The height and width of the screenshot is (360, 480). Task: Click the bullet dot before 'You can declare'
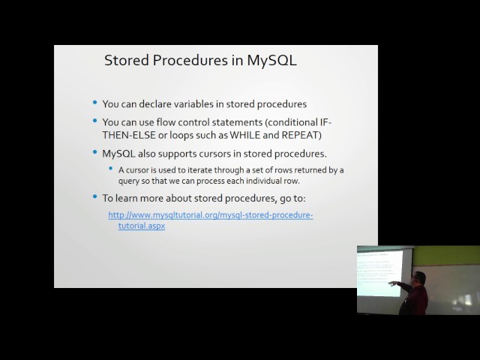coord(94,103)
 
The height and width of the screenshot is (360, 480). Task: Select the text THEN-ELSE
coord(127,134)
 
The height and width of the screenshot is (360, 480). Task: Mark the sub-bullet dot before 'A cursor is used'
coord(112,169)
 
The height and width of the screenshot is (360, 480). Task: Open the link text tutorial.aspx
coord(141,225)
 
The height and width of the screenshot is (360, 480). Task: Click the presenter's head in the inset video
coord(419,278)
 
